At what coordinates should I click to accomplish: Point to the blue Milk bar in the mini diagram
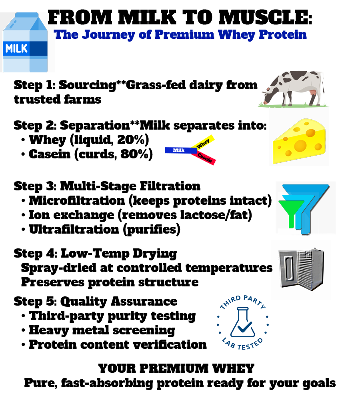click(x=180, y=150)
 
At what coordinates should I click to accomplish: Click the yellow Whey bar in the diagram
click(x=204, y=144)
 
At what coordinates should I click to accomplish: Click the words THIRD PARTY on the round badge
click(x=242, y=303)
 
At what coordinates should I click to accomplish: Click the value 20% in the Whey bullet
click(x=135, y=140)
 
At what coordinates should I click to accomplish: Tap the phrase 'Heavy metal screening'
click(x=102, y=330)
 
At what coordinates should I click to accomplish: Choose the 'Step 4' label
click(x=34, y=253)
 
